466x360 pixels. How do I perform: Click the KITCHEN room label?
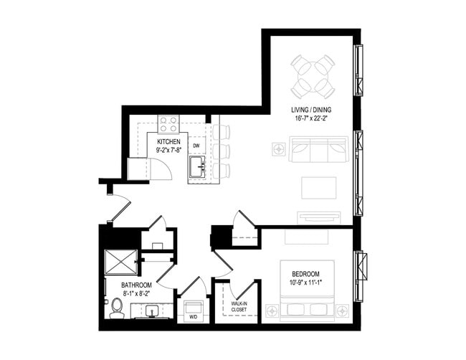pyautogui.click(x=168, y=142)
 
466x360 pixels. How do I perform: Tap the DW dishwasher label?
pyautogui.click(x=196, y=146)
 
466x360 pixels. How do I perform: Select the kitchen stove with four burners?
pyautogui.click(x=168, y=124)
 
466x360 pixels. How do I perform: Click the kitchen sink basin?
pyautogui.click(x=198, y=167)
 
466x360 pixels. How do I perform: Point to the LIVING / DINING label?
pyautogui.click(x=311, y=110)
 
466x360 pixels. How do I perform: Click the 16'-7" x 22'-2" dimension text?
pyautogui.click(x=311, y=118)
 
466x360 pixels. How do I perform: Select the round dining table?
pyautogui.click(x=313, y=77)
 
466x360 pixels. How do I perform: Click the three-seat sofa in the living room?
pyautogui.click(x=319, y=150)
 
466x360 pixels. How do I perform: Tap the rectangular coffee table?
pyautogui.click(x=319, y=188)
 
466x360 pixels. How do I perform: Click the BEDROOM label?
pyautogui.click(x=305, y=274)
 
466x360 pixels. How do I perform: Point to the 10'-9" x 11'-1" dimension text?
pyautogui.click(x=306, y=283)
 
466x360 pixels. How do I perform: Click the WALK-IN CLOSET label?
pyautogui.click(x=239, y=306)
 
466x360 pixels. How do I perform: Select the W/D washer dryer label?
pyautogui.click(x=193, y=317)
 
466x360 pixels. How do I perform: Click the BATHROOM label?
pyautogui.click(x=136, y=285)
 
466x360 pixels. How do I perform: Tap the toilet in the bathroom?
pyautogui.click(x=117, y=309)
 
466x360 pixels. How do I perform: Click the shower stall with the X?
pyautogui.click(x=121, y=262)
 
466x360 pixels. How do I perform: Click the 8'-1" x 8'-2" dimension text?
pyautogui.click(x=136, y=294)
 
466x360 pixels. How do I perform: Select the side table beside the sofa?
pyautogui.click(x=279, y=148)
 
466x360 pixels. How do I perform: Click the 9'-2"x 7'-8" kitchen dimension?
pyautogui.click(x=168, y=150)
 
